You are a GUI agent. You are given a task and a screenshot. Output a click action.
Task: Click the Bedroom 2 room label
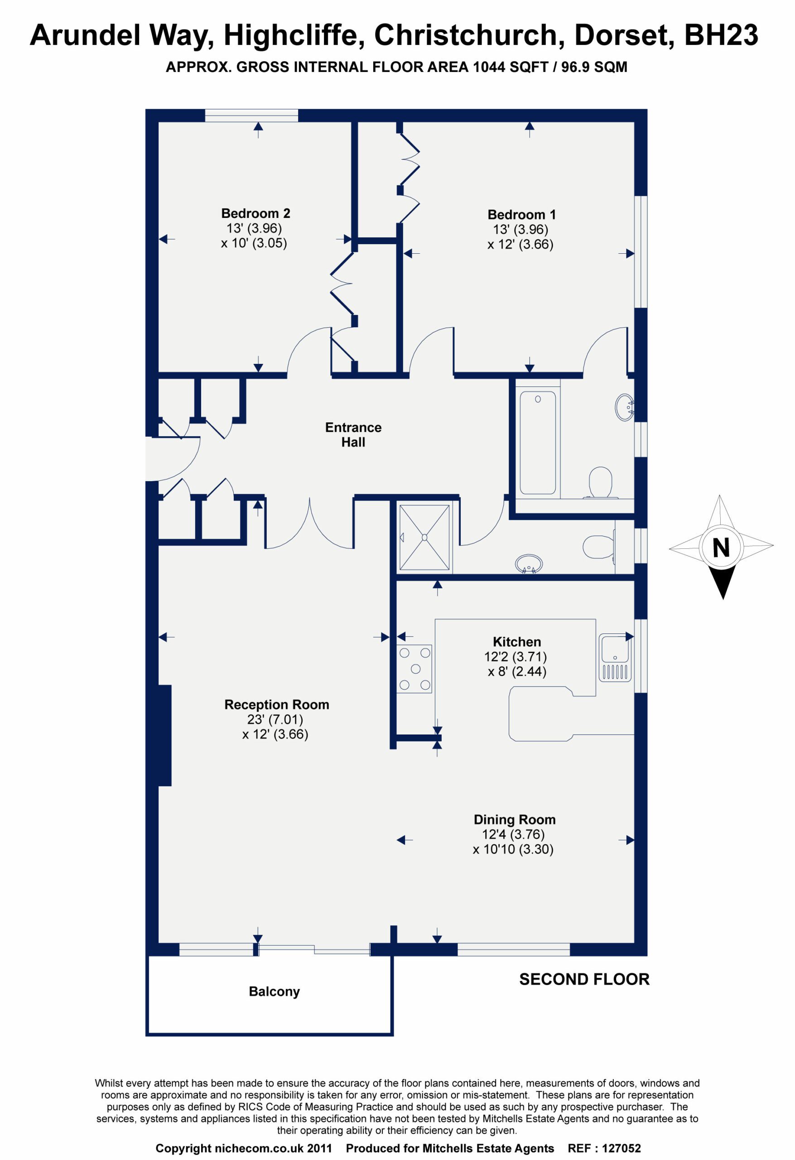[x=255, y=213]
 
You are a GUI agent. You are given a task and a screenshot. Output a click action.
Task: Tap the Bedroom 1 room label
[x=521, y=215]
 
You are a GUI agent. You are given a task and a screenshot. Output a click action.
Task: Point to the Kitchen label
[x=517, y=642]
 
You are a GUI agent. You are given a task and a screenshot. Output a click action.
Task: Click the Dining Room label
[x=515, y=820]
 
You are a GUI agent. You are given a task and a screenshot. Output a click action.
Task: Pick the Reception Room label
[x=277, y=705]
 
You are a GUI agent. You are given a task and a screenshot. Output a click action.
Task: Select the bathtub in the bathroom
[x=538, y=443]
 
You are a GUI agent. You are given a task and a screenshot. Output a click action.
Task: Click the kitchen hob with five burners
[x=414, y=669]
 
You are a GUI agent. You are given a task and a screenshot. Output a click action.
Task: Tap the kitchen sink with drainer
[x=615, y=657]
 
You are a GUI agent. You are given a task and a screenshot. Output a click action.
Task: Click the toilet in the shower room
[x=599, y=547]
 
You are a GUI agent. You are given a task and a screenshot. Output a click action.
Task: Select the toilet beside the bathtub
[x=601, y=482]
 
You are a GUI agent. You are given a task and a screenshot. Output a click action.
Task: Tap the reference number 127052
[x=622, y=1148]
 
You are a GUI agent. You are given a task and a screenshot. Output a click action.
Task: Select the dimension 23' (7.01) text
[x=275, y=719]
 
